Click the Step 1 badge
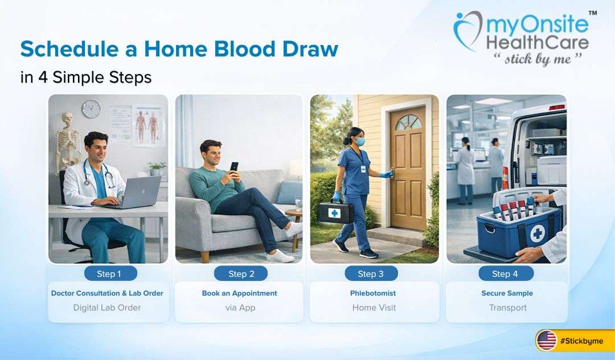(109, 274)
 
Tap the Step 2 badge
(241, 274)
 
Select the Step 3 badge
(370, 274)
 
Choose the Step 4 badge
(505, 274)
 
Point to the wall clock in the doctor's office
(91, 109)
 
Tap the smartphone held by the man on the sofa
(234, 167)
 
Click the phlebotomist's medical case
(336, 211)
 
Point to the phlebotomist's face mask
(359, 141)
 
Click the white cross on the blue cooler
(537, 234)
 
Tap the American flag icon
(547, 341)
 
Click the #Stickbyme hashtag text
(580, 341)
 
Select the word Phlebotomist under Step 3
(373, 293)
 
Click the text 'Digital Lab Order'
(107, 308)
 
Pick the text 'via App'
(240, 308)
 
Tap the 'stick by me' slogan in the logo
(537, 59)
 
